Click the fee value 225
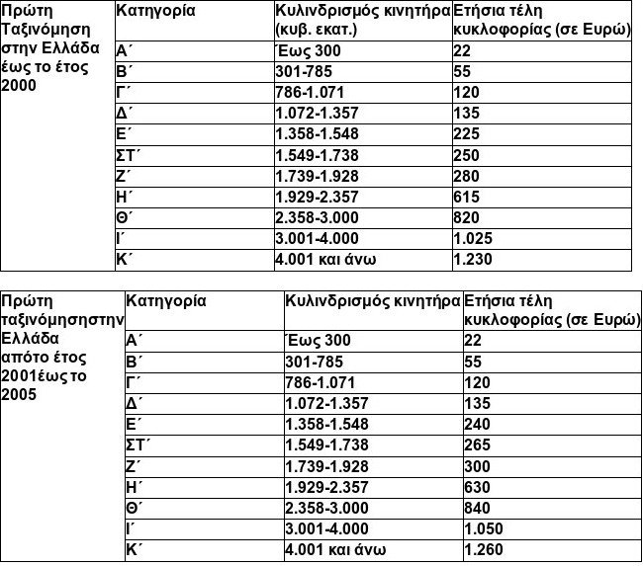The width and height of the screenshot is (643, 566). coord(467,133)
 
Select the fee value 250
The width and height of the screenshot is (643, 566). coord(467,155)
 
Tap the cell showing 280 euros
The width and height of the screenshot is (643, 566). coord(467,176)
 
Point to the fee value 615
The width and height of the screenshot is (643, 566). coord(467,197)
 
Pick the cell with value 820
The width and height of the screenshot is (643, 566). coord(467,217)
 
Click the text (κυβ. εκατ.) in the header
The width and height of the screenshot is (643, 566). coord(315,30)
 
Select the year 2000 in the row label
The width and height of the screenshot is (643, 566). coord(20,86)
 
